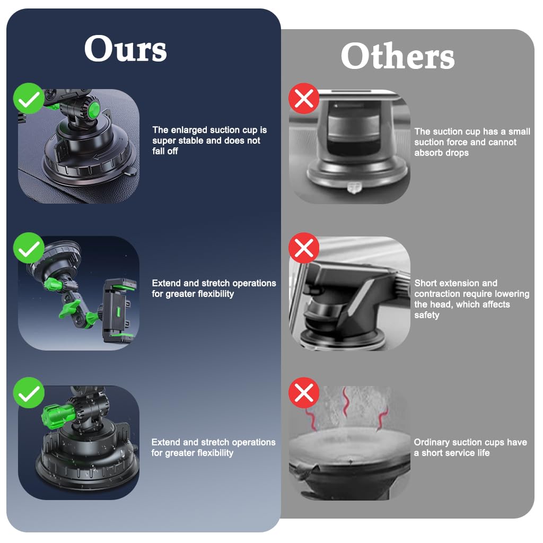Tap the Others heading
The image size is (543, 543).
pos(398,56)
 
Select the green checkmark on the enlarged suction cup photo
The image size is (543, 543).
pos(29,98)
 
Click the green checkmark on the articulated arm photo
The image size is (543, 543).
pos(29,248)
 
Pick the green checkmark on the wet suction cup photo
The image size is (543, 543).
pos(29,393)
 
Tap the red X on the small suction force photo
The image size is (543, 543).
pos(304,98)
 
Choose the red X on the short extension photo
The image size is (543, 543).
pos(304,248)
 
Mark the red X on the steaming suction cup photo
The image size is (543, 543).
pos(304,393)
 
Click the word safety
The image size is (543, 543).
pos(427,315)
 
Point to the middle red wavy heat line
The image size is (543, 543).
pos(345,404)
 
